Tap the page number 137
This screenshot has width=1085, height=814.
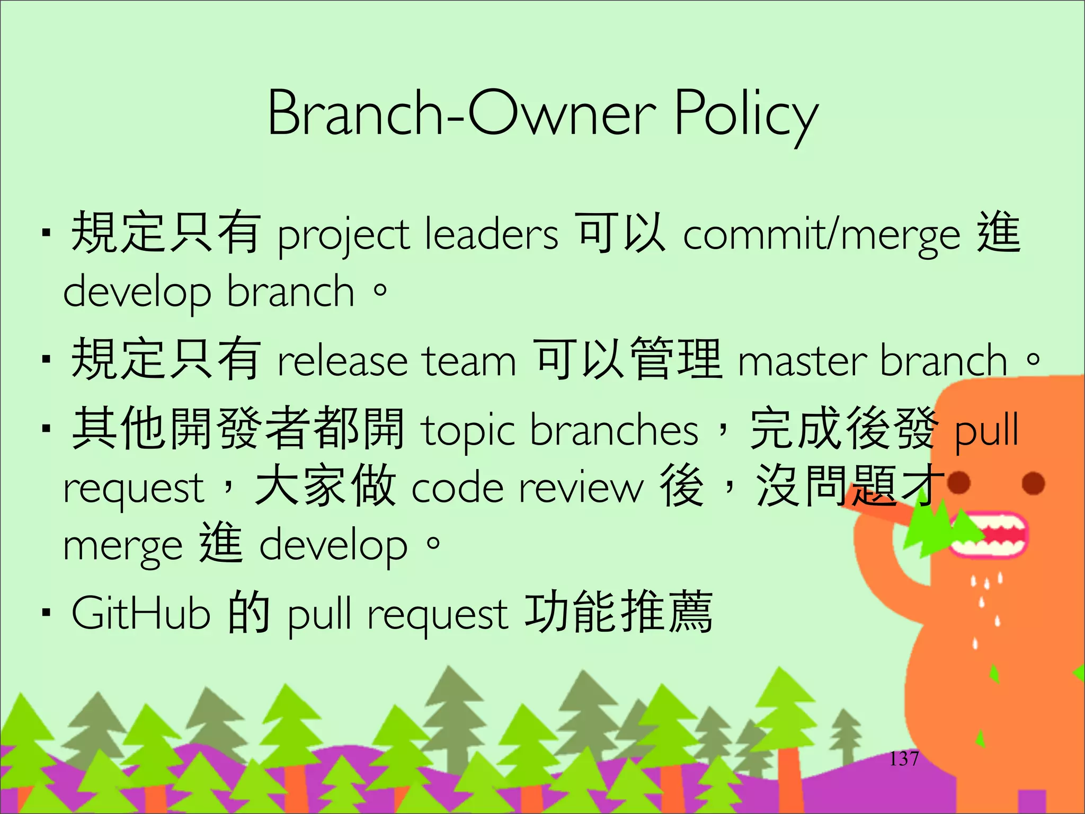click(904, 759)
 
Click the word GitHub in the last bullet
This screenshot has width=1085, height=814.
click(141, 614)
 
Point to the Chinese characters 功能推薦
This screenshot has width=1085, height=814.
click(618, 613)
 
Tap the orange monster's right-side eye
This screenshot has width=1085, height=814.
click(1033, 483)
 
